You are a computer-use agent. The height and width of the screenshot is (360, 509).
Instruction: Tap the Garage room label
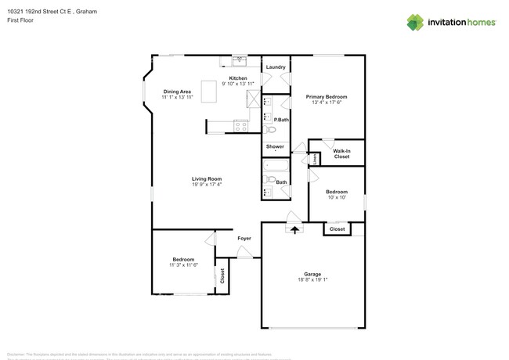click(312, 274)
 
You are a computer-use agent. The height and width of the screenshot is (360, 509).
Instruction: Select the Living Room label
click(208, 179)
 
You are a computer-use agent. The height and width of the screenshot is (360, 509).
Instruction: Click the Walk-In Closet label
click(341, 153)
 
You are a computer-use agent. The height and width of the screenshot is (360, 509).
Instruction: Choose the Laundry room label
click(276, 67)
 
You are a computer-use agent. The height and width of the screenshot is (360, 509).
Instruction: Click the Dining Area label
click(176, 92)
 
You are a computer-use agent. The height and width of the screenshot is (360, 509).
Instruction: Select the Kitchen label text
click(238, 79)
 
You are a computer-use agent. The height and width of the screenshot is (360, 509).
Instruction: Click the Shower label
click(275, 146)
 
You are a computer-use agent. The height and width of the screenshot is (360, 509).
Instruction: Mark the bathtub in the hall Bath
click(276, 165)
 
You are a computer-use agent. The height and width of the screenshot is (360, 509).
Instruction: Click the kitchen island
click(209, 92)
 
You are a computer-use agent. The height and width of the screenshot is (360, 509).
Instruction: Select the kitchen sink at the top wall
click(240, 60)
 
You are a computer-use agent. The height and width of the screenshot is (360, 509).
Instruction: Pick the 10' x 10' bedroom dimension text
click(337, 197)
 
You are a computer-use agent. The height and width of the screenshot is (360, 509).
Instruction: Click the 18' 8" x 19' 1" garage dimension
click(312, 279)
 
